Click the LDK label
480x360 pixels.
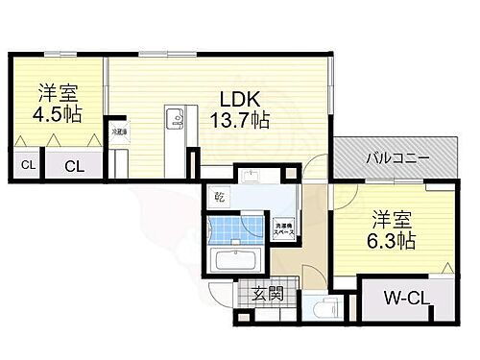coord(238,98)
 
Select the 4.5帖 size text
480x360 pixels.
coord(55,114)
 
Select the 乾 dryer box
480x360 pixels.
coord(220,198)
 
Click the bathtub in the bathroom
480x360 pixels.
coord(232,262)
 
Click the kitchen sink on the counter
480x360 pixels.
coord(176,119)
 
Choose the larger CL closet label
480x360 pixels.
coord(74,165)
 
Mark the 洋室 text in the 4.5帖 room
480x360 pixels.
coord(55,93)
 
